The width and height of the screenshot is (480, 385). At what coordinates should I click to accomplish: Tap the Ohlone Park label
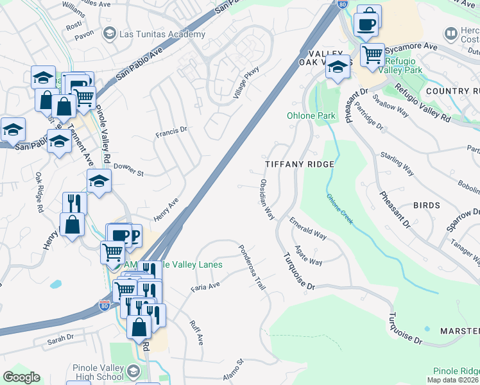pyautogui.click(x=311, y=116)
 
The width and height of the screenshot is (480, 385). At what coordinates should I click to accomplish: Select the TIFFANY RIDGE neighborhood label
pyautogui.click(x=300, y=165)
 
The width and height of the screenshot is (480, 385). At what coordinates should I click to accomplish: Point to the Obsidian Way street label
pyautogui.click(x=266, y=200)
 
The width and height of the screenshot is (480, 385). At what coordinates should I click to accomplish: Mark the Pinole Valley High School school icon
pyautogui.click(x=133, y=371)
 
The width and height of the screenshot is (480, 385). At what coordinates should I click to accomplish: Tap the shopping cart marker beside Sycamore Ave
pyautogui.click(x=372, y=55)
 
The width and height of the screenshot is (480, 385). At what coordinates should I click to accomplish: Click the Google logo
pyautogui.click(x=22, y=377)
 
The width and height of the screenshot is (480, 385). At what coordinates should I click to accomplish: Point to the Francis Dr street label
pyautogui.click(x=171, y=133)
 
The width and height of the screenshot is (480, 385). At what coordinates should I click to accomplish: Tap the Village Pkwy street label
pyautogui.click(x=246, y=83)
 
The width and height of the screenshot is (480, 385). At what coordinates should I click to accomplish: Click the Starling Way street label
pyautogui.click(x=396, y=164)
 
